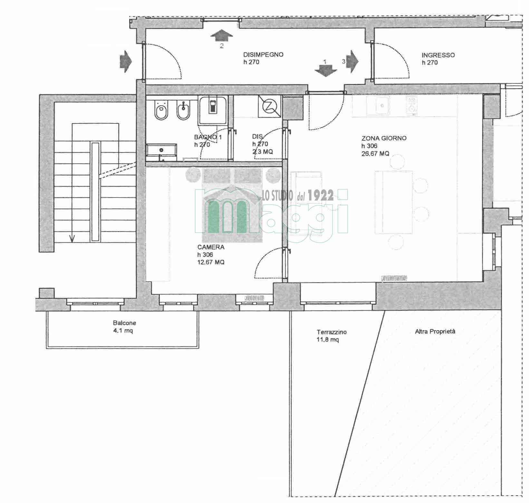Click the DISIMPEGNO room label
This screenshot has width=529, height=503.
pyautogui.click(x=263, y=54)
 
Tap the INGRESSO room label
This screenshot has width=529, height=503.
pyautogui.click(x=438, y=55)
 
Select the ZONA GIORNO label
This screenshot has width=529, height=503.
pyautogui.click(x=384, y=138)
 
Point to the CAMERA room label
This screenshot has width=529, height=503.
pyautogui.click(x=211, y=247)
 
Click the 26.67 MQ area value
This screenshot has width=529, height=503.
pyautogui.click(x=375, y=154)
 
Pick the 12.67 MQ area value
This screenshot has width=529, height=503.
pyautogui.click(x=211, y=262)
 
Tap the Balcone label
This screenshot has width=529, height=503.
pyautogui.click(x=124, y=323)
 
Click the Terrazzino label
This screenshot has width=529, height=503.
pyautogui.click(x=332, y=332)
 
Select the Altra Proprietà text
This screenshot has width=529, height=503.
pyautogui.click(x=435, y=331)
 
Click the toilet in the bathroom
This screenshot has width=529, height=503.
pyautogui.click(x=160, y=110)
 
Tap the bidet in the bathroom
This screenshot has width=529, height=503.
pyautogui.click(x=183, y=110)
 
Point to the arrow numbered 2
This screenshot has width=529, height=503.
pyautogui.click(x=222, y=34)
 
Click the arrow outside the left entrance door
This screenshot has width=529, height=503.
pyautogui.click(x=126, y=61)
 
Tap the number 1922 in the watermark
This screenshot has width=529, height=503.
pyautogui.click(x=321, y=196)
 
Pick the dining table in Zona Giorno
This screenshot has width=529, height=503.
pyautogui.click(x=394, y=202)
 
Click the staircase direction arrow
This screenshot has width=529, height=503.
pyautogui.click(x=72, y=238)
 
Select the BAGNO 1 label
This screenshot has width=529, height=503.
pyautogui.click(x=208, y=137)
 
